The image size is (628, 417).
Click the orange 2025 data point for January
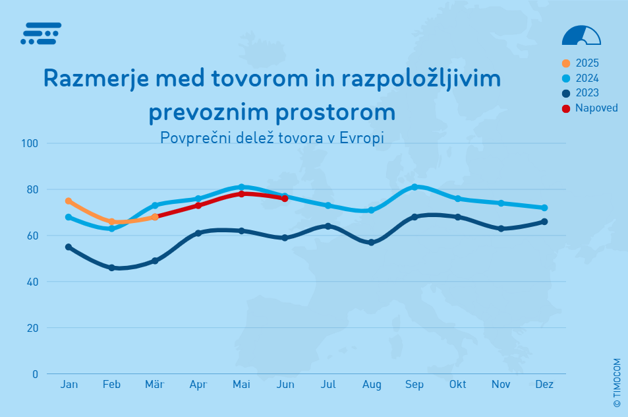[x=69, y=201]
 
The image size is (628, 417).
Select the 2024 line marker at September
[x=414, y=187]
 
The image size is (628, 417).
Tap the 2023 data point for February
[x=111, y=268]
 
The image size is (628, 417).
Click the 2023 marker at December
[x=544, y=222]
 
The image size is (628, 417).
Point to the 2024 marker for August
[x=371, y=210]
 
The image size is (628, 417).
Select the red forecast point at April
[x=198, y=205]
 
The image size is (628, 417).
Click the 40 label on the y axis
[x=31, y=282]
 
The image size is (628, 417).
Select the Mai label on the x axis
[x=241, y=385]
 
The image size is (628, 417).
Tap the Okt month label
[x=457, y=385]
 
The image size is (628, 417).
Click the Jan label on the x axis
[x=69, y=385]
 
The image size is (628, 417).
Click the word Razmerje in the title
[x=92, y=79]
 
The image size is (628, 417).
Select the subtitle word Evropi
[x=364, y=138]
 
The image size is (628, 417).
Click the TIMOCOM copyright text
[x=617, y=382]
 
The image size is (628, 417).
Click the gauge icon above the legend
[x=581, y=36]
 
